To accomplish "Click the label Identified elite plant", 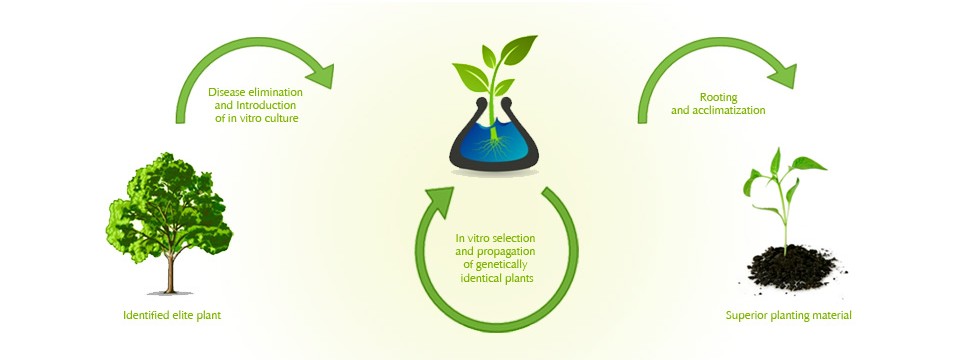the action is point(172,316).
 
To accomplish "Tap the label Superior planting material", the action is point(788,316).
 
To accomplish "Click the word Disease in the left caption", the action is point(226,92).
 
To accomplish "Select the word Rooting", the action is point(718,98).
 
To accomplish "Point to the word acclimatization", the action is point(729,110).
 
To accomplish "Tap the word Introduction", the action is point(268,104).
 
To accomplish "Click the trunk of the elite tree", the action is point(170,272).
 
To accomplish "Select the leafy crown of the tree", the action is point(169,206).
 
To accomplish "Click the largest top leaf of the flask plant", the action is point(519,49).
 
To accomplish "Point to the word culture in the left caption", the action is point(281,117).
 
